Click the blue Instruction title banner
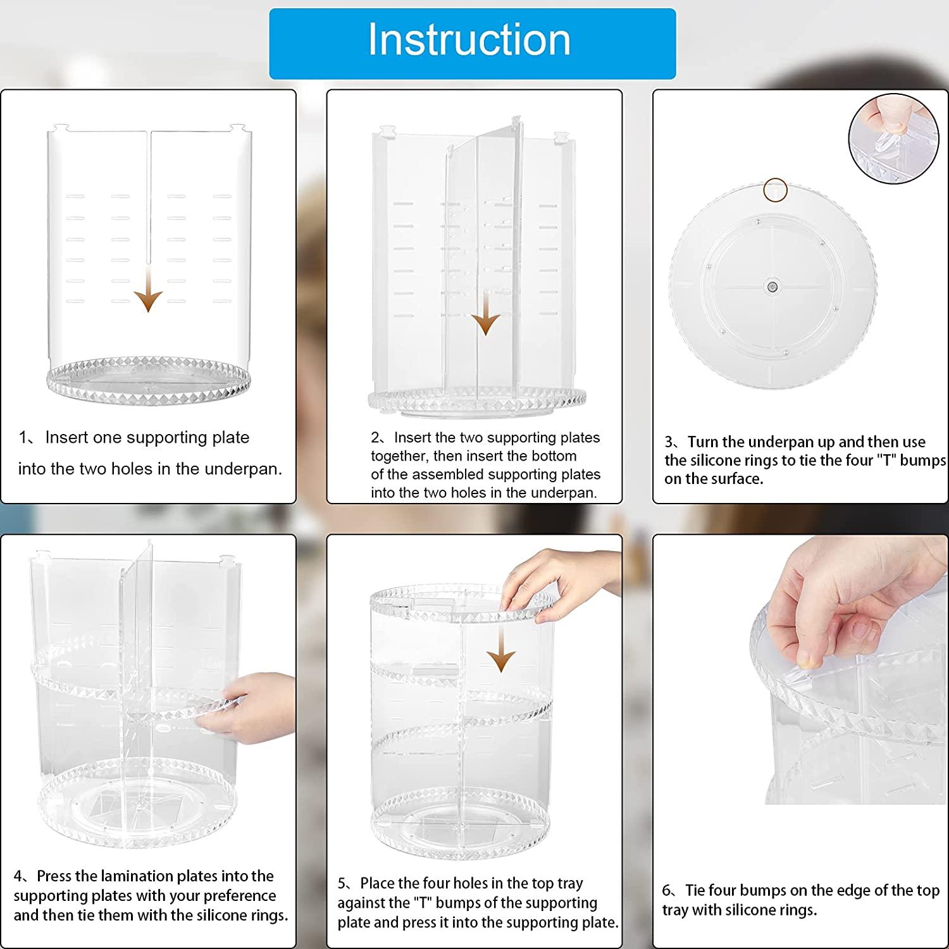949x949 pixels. pos(472,44)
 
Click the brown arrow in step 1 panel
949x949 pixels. pos(149,288)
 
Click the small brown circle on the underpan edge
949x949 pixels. pos(774,190)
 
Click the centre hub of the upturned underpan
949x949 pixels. pos(772,287)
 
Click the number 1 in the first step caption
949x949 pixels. pos(23,438)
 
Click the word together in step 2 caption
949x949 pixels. pos(399,456)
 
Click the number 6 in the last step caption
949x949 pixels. pos(667,891)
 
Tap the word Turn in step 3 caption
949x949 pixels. pos(704,442)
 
